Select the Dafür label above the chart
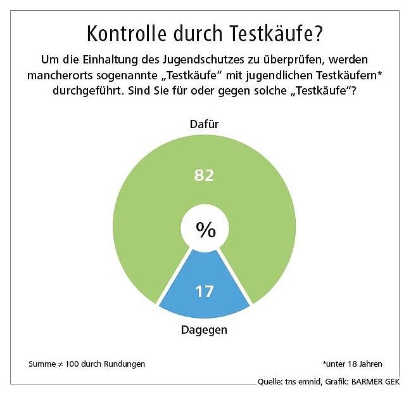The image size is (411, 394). point(204,124)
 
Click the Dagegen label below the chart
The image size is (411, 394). point(204,330)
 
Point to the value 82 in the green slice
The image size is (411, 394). point(204,176)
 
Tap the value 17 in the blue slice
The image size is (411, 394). point(204,292)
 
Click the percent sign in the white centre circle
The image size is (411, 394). point(205,230)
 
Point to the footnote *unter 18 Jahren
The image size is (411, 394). point(351,364)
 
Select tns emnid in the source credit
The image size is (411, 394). point(304,382)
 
